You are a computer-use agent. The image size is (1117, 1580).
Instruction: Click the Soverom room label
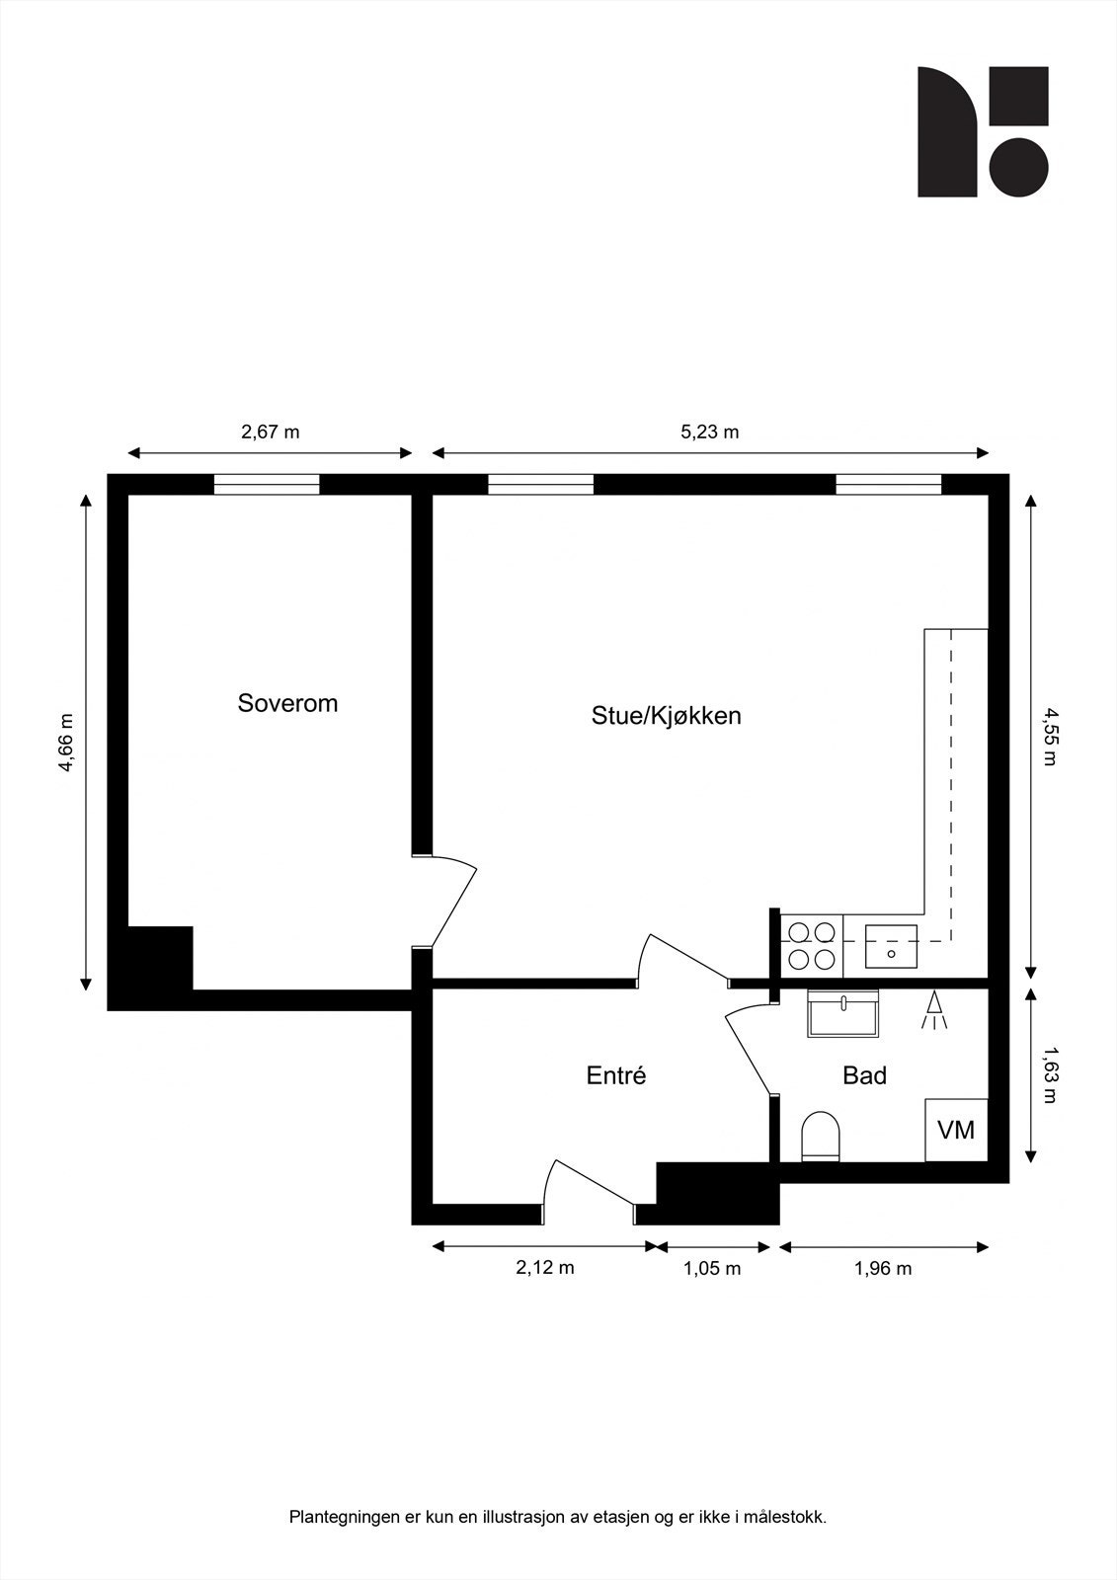click(287, 703)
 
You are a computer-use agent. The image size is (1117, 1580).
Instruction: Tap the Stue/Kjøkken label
click(666, 715)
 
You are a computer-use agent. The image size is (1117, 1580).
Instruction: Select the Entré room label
click(616, 1075)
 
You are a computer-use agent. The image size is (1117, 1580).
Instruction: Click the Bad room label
click(864, 1075)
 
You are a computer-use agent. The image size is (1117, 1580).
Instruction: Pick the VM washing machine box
click(955, 1130)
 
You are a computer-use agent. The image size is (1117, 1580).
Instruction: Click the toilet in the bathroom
click(820, 1136)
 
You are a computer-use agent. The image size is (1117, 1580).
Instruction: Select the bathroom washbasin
click(842, 1013)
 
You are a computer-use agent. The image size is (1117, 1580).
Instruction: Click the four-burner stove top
click(811, 944)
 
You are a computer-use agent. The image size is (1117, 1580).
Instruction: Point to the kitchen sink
click(891, 946)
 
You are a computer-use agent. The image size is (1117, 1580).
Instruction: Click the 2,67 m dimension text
click(271, 432)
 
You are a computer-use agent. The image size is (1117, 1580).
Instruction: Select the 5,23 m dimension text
click(710, 432)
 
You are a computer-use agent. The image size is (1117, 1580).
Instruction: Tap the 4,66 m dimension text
click(66, 743)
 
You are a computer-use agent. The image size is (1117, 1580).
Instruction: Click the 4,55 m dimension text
click(1050, 736)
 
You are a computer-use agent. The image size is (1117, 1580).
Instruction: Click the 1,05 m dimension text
click(712, 1269)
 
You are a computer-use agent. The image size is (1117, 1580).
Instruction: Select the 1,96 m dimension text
click(883, 1269)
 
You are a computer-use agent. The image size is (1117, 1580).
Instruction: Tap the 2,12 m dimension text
click(544, 1268)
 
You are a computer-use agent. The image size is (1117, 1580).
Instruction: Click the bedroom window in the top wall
click(267, 484)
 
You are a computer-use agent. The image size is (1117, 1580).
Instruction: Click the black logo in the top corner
click(983, 131)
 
